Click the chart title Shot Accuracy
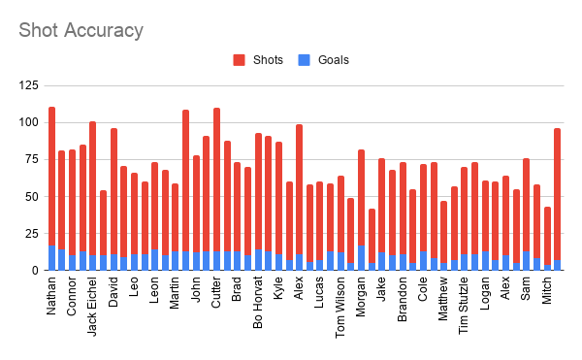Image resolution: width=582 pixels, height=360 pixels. (81, 30)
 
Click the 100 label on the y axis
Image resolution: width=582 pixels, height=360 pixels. (29, 123)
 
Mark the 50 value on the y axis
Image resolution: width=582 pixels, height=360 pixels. (33, 197)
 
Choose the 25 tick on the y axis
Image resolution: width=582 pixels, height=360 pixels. (33, 234)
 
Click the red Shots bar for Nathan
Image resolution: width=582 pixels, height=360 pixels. (51, 176)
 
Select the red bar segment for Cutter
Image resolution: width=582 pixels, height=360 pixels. (216, 180)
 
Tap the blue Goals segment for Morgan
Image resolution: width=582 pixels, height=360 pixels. (361, 257)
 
